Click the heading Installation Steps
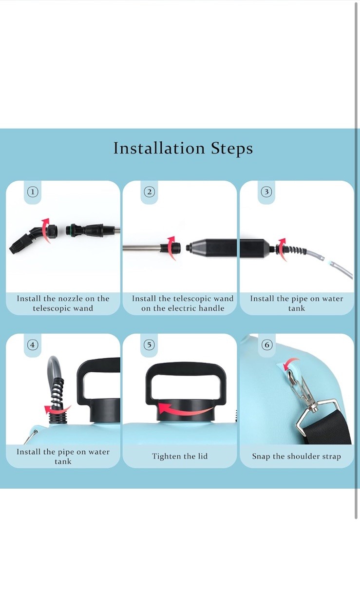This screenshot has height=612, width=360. (x=183, y=148)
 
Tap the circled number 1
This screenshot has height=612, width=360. (x=33, y=192)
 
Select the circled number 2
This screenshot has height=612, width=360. (x=150, y=192)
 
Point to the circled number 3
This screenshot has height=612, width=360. (x=266, y=192)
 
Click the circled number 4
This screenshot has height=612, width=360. (x=33, y=345)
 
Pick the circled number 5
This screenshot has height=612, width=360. (x=150, y=345)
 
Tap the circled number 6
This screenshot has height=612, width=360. (x=267, y=345)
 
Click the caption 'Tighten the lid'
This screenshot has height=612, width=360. (x=180, y=456)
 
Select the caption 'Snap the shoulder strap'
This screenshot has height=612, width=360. (x=296, y=456)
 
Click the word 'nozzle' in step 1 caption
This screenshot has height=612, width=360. (x=71, y=298)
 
